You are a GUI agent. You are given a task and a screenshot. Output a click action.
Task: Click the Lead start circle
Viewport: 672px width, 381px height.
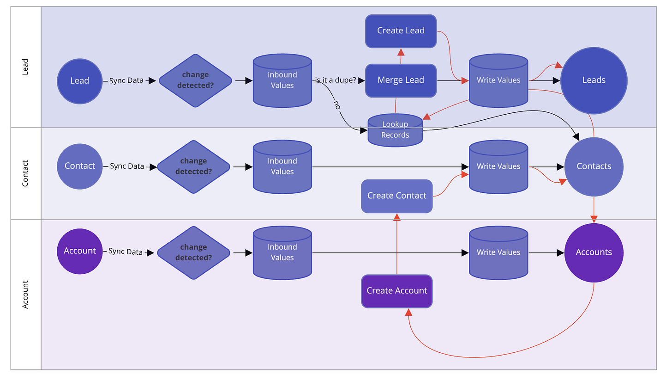pyautogui.click(x=79, y=80)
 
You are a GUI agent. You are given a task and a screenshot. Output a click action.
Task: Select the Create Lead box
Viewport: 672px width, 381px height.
pyautogui.click(x=401, y=31)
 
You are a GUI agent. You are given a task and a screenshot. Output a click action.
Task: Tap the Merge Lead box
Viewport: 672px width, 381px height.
pyautogui.click(x=401, y=80)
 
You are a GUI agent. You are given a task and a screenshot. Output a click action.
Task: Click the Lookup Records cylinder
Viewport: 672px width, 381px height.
pyautogui.click(x=395, y=130)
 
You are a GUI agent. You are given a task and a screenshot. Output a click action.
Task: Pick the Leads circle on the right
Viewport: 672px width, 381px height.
pyautogui.click(x=594, y=80)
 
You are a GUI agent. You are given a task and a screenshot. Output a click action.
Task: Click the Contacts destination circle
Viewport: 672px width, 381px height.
pyautogui.click(x=594, y=166)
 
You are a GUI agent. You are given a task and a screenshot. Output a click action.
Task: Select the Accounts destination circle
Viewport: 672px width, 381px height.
pyautogui.click(x=594, y=252)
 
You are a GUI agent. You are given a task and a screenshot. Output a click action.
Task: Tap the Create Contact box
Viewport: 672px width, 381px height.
pyautogui.click(x=396, y=196)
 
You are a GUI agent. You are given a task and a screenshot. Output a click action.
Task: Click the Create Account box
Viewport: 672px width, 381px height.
pyautogui.click(x=396, y=291)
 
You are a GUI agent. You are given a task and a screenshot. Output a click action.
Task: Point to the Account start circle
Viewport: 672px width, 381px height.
pyautogui.click(x=79, y=251)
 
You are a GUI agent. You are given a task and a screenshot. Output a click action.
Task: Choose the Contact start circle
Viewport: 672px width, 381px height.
pyautogui.click(x=79, y=166)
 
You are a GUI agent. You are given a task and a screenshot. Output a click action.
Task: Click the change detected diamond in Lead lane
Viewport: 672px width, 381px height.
pyautogui.click(x=195, y=80)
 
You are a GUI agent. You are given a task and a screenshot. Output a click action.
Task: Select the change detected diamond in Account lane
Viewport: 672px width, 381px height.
pyautogui.click(x=193, y=252)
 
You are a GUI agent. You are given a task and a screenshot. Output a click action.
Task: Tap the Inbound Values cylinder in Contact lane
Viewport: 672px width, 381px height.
pyautogui.click(x=282, y=166)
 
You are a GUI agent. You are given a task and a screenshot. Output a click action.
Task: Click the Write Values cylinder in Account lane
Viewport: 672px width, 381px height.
pyautogui.click(x=498, y=252)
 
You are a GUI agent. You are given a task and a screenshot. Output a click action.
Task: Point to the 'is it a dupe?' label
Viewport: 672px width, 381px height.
pyautogui.click(x=336, y=80)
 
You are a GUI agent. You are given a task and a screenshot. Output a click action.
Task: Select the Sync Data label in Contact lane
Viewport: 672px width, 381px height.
pyautogui.click(x=127, y=166)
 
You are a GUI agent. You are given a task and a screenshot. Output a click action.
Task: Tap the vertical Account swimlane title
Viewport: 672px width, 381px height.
pyautogui.click(x=25, y=295)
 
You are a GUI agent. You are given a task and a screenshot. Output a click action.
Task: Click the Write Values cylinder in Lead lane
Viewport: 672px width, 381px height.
pyautogui.click(x=498, y=80)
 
